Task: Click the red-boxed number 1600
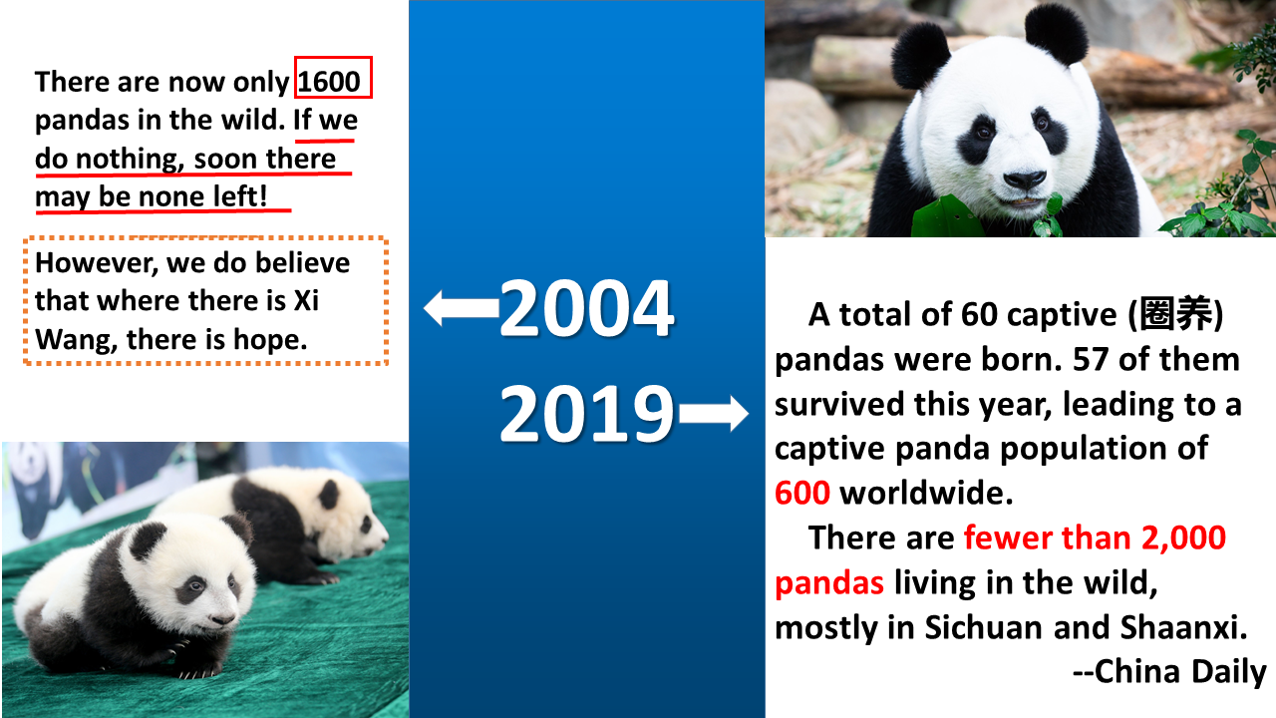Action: (x=329, y=82)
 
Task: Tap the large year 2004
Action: (x=587, y=308)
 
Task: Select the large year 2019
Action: (x=587, y=413)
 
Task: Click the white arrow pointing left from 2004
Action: (x=462, y=308)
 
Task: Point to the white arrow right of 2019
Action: (x=714, y=413)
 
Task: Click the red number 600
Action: (x=802, y=493)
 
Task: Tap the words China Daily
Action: (x=1180, y=671)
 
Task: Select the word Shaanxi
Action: (x=1183, y=627)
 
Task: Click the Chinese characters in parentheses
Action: (x=1175, y=313)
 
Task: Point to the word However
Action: (x=97, y=263)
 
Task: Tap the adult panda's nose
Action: (x=1024, y=180)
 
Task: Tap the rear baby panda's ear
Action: (x=329, y=494)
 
